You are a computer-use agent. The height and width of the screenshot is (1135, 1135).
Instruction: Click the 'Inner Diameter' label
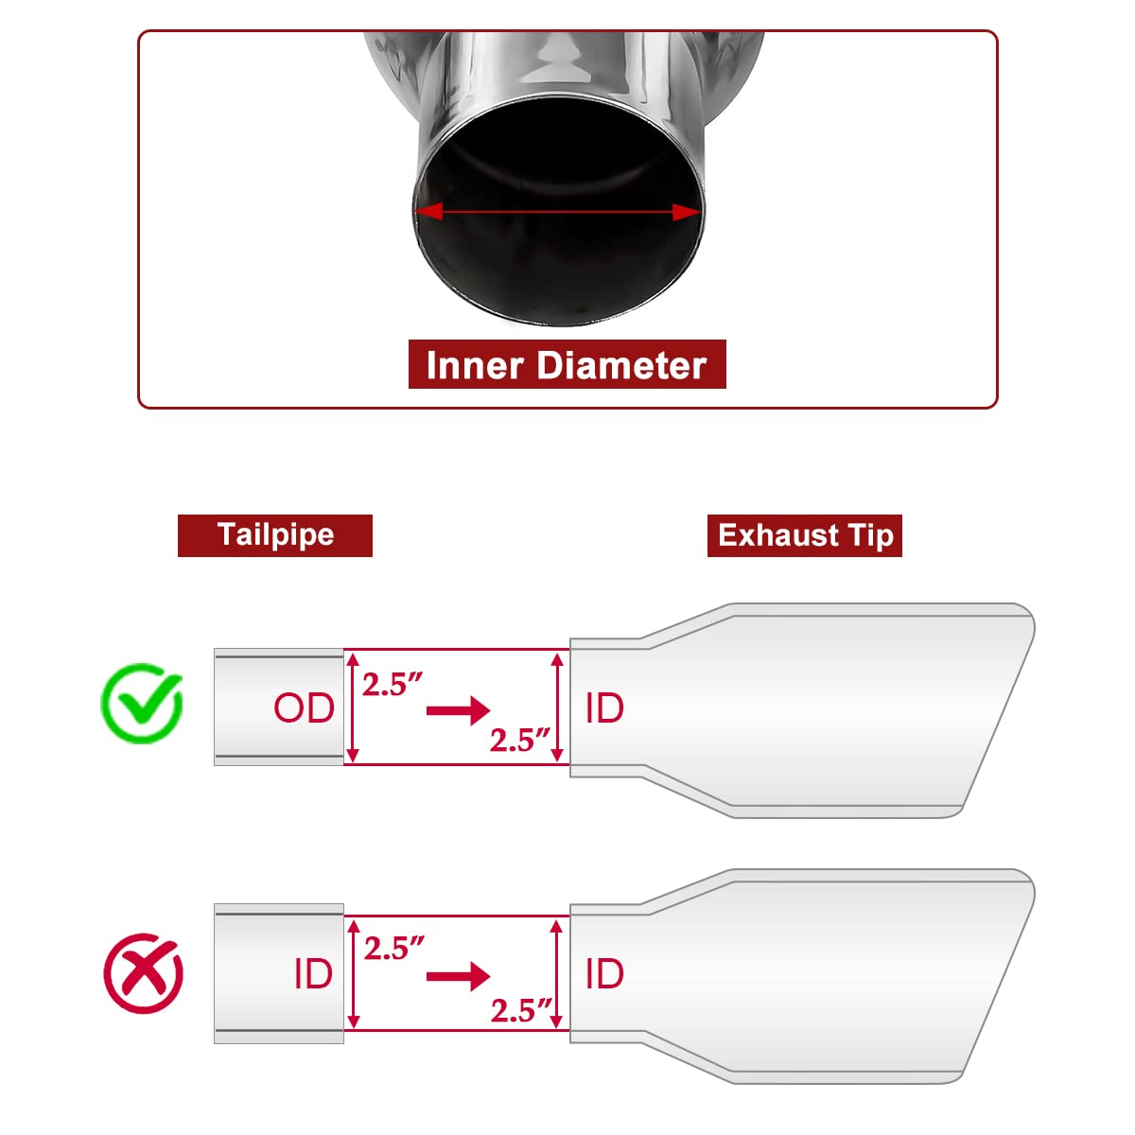coord(567,365)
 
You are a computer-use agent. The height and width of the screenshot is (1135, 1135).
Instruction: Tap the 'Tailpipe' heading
coord(275,534)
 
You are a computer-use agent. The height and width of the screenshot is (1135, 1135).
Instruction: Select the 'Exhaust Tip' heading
coord(806,535)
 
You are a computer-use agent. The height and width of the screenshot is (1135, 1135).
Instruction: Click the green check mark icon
coord(142,703)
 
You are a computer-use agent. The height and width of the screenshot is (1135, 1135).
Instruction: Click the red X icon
coord(143,973)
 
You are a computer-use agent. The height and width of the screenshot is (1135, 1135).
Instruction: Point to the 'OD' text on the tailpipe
coord(304,707)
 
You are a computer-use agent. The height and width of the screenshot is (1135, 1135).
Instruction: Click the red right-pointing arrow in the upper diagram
coord(458,710)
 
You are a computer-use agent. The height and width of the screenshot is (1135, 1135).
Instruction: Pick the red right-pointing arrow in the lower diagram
coord(458,976)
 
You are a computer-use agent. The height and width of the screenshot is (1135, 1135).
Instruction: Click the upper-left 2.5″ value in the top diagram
coord(393,684)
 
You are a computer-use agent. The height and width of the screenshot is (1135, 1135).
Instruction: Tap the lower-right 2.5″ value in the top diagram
coord(520,740)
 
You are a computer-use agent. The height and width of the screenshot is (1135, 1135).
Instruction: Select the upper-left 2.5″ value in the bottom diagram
coord(394,949)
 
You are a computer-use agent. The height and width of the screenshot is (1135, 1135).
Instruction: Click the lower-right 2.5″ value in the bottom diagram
coord(521,1011)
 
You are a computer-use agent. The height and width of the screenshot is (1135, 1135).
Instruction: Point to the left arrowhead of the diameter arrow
coord(428,212)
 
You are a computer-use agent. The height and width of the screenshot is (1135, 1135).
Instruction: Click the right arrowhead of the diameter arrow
coord(687,212)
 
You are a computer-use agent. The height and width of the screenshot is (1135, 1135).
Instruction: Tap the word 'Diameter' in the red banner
coord(622,365)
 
